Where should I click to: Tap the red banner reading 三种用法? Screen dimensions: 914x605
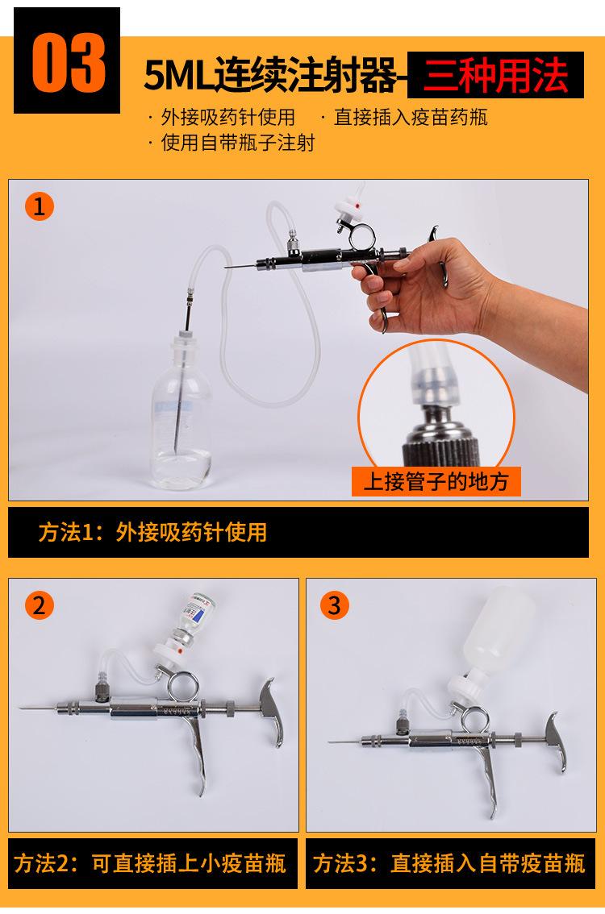click(x=496, y=74)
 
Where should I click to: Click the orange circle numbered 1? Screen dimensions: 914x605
click(x=39, y=206)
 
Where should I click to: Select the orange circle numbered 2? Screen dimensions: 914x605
click(x=39, y=604)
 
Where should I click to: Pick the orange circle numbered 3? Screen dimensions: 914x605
click(x=336, y=604)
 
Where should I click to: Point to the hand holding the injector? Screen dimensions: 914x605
click(x=419, y=278)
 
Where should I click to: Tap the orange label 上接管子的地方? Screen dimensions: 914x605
click(x=436, y=482)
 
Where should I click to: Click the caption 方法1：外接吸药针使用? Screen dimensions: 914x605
click(x=153, y=532)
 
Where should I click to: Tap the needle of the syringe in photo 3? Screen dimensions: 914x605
click(x=343, y=740)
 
